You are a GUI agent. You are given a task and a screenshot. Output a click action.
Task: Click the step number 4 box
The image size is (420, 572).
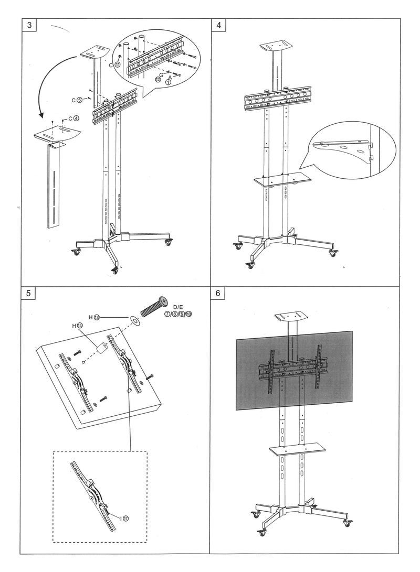(219, 25)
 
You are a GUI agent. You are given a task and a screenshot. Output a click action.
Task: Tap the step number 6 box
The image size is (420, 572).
(219, 294)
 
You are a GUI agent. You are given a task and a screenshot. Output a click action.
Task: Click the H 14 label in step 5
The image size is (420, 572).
(77, 326)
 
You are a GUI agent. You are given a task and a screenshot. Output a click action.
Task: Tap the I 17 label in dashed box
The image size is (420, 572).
(125, 518)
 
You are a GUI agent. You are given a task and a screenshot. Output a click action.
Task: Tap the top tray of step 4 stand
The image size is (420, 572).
(278, 47)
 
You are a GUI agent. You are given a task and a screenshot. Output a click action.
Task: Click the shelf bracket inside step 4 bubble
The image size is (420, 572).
(341, 148)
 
